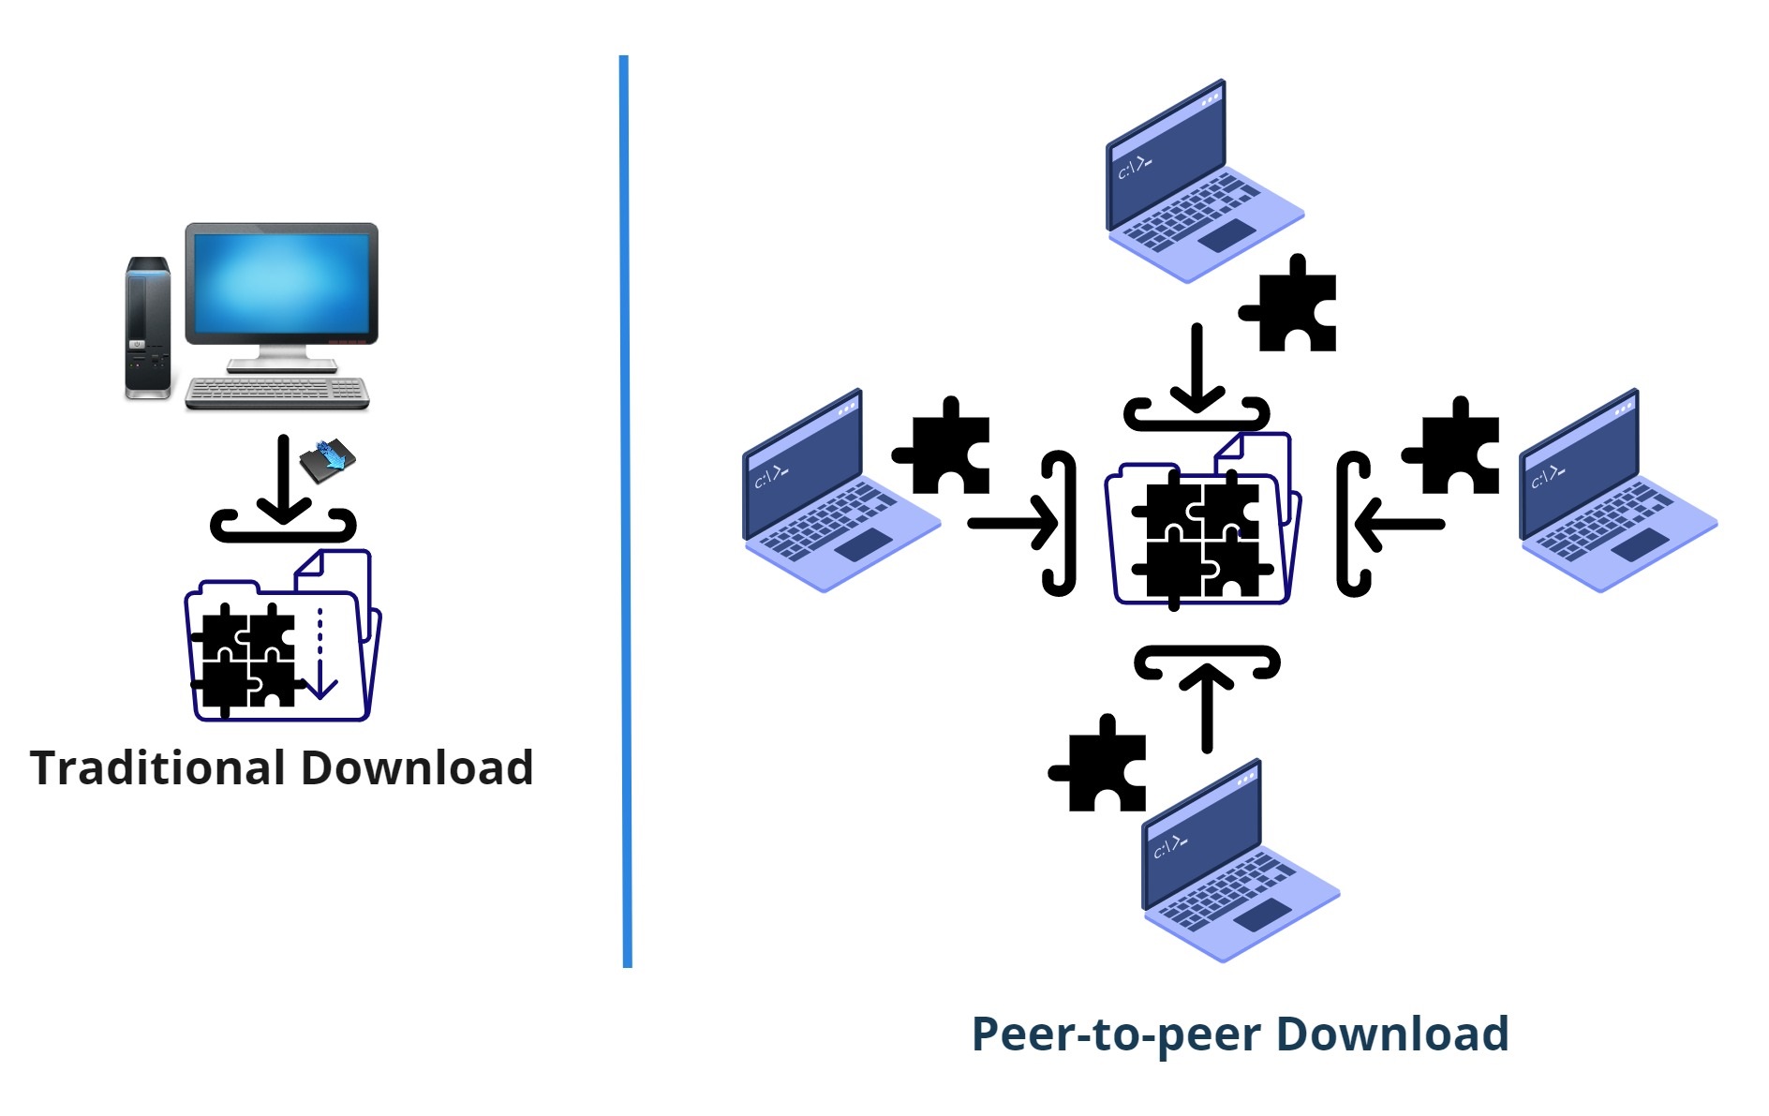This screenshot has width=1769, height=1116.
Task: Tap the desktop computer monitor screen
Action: [x=281, y=283]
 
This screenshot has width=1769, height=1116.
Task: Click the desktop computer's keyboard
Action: [x=277, y=393]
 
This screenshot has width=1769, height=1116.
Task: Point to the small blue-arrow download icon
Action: [x=327, y=461]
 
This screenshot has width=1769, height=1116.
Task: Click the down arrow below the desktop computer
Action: [x=283, y=479]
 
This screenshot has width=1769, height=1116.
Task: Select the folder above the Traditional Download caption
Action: [x=282, y=635]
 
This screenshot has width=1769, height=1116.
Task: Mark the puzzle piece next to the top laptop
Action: [x=1290, y=305]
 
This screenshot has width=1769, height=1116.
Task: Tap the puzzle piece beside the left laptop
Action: [x=944, y=447]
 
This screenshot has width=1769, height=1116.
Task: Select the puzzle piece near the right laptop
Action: [x=1453, y=447]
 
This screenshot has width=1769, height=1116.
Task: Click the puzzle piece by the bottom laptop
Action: [x=1100, y=764]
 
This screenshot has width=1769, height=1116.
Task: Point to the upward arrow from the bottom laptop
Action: [x=1207, y=707]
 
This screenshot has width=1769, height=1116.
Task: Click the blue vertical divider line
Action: [x=625, y=511]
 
